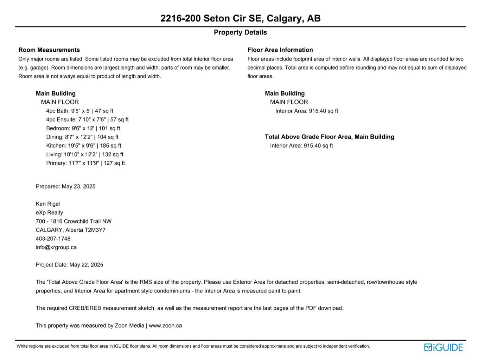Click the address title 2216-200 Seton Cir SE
click(240, 18)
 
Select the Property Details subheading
click(240, 32)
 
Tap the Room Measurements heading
click(49, 50)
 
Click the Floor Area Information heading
click(280, 50)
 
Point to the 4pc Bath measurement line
click(79, 111)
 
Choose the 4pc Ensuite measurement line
click(87, 120)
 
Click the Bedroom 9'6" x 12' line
click(83, 128)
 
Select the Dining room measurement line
click(82, 137)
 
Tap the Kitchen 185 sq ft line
click(83, 146)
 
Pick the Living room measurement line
click(84, 154)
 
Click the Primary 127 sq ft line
click(85, 163)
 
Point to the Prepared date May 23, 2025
click(65, 186)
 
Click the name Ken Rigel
click(48, 204)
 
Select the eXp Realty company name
click(49, 213)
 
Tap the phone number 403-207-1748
click(53, 239)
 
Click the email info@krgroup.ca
click(56, 247)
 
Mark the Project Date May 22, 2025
click(69, 265)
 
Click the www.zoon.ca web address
click(165, 326)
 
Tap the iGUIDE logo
click(443, 347)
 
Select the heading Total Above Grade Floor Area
click(329, 137)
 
